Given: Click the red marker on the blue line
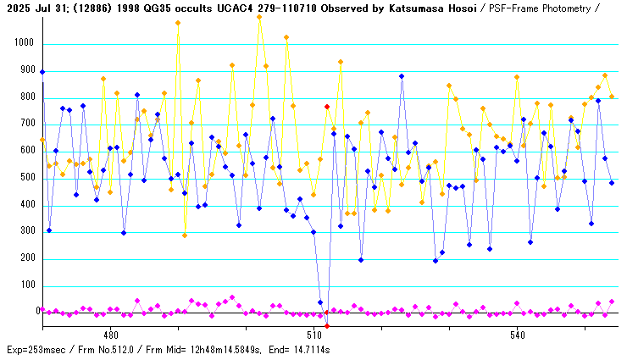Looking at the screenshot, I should coord(327,107).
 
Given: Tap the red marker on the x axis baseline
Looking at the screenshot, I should coord(327,325).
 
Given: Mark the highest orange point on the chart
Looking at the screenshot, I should coord(259,17).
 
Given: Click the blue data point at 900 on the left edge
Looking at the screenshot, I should coord(42,72).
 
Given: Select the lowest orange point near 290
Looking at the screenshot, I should coord(185,235).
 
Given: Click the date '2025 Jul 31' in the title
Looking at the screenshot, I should coord(35,8).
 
